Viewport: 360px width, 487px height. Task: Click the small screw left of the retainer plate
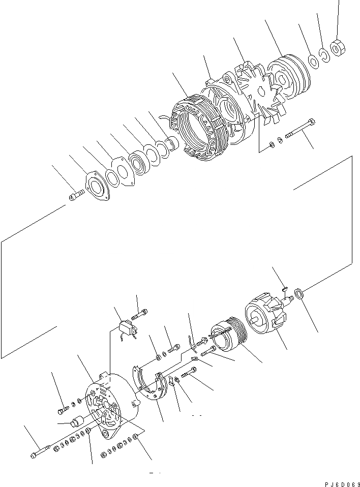pyautogui.click(x=76, y=194)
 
